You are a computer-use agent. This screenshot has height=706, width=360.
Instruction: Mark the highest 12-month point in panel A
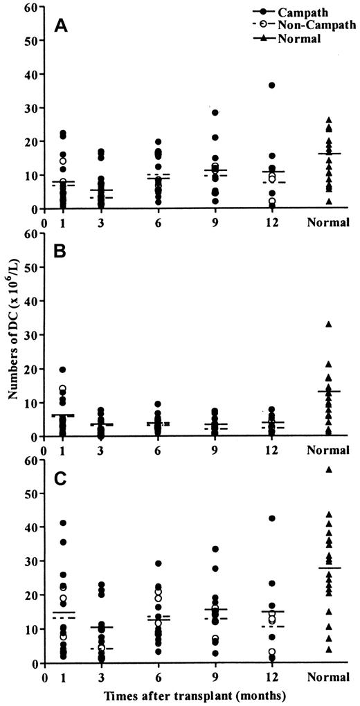[x=272, y=85]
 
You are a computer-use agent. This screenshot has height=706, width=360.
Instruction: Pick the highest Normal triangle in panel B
[x=329, y=324]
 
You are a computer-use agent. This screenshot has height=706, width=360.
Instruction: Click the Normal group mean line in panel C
[x=329, y=568]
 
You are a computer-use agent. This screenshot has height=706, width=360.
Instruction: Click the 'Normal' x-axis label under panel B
[x=329, y=450]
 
